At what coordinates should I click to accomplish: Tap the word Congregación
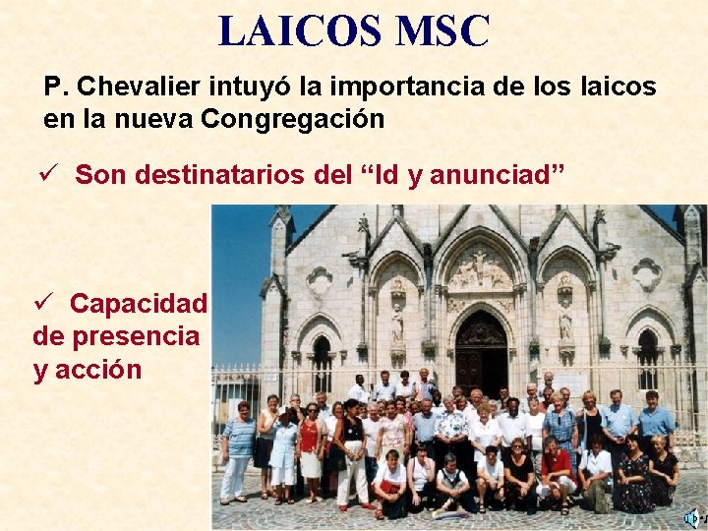coord(292,119)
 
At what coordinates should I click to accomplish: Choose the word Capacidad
coord(139,303)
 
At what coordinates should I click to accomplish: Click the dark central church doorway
coord(481,353)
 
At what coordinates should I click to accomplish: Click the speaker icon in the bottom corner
coord(692,517)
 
